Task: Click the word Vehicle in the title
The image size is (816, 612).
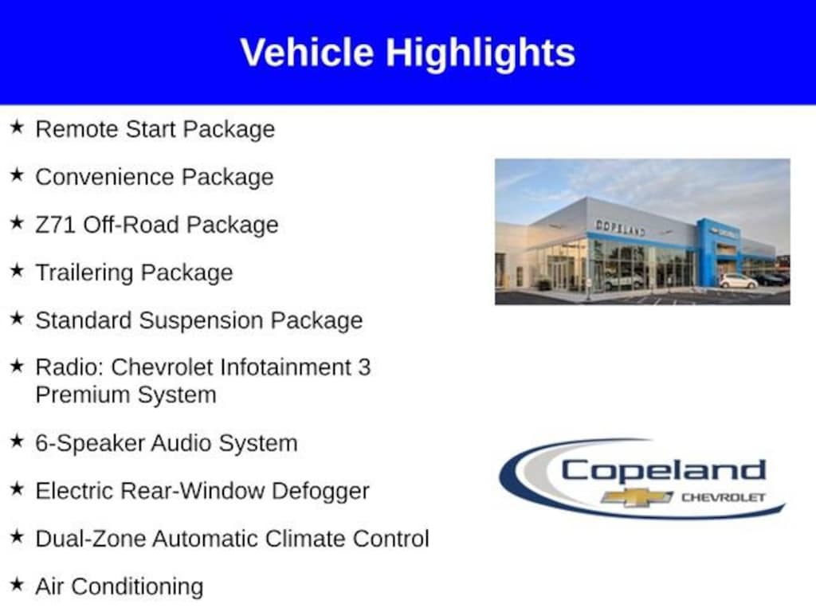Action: coord(307,52)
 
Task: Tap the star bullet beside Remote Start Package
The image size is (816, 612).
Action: coord(17,127)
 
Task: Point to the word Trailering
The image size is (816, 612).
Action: coord(84,273)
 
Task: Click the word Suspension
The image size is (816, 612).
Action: coord(198,320)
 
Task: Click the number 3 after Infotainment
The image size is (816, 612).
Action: coord(364,367)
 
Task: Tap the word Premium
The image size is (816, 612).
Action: coord(83,394)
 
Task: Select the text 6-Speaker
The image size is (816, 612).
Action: coord(90,443)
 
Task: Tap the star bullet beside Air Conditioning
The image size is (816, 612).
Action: coord(17,583)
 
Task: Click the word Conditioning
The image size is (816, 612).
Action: coord(137,587)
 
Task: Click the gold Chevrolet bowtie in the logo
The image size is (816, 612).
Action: coord(637,497)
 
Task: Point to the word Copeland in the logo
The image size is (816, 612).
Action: coord(664,471)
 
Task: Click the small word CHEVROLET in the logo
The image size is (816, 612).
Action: coord(724,497)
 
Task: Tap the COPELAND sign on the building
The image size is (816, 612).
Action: coord(620,227)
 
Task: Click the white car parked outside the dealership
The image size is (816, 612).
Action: coord(739,281)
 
